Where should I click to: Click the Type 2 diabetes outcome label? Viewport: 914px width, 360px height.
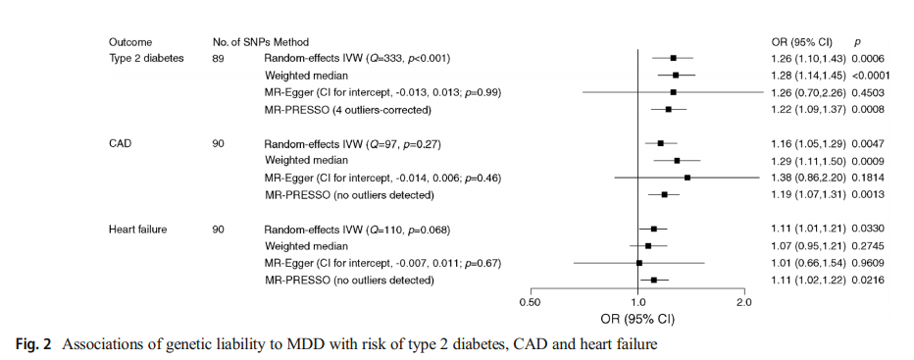click(x=146, y=58)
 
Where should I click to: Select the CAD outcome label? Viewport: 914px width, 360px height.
click(x=120, y=143)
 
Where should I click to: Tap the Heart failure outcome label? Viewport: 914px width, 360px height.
click(x=137, y=230)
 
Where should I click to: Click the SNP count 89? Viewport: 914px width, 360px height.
click(x=219, y=58)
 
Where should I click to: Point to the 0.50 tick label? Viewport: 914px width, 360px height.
click(x=531, y=302)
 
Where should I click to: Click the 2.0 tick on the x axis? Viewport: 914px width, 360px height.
click(x=744, y=291)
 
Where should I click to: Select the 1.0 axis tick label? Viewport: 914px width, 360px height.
click(x=637, y=302)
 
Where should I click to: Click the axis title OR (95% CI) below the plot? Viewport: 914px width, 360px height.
click(x=637, y=320)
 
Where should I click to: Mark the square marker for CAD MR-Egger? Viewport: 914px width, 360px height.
click(x=687, y=178)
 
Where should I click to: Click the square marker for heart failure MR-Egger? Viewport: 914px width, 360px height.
click(x=639, y=263)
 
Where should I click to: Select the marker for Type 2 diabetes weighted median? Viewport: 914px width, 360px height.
click(x=676, y=75)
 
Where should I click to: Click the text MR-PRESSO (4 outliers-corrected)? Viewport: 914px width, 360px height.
click(x=348, y=110)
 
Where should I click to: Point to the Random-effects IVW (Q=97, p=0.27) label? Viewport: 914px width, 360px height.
click(x=352, y=143)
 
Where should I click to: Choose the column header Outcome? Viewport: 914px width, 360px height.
click(x=130, y=42)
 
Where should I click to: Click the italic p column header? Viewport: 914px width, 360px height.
click(x=857, y=42)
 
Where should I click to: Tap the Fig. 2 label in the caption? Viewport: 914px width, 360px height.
click(x=32, y=344)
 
